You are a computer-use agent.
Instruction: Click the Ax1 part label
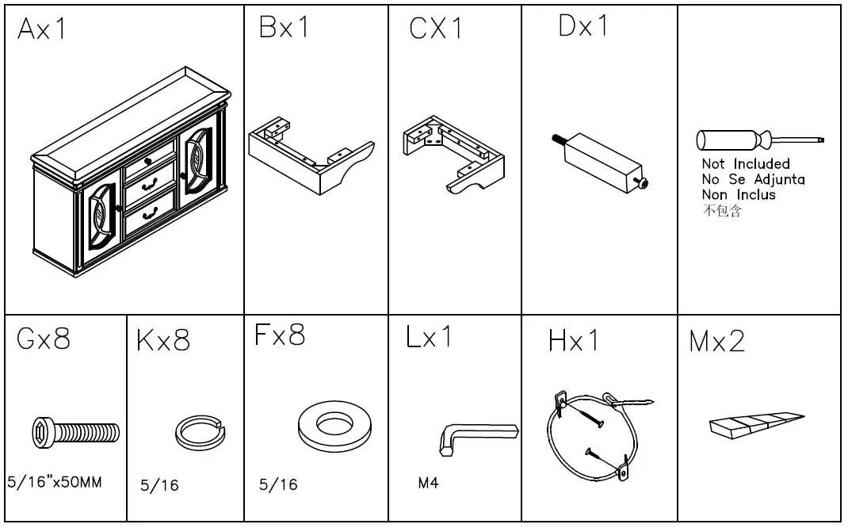tap(43, 30)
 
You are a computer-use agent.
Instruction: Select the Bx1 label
tap(284, 28)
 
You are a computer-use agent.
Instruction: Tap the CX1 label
tap(436, 29)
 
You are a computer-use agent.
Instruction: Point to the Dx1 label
tap(583, 26)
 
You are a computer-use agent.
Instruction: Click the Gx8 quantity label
tap(43, 339)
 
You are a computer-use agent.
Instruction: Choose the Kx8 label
tap(163, 342)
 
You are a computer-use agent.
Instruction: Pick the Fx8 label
tap(280, 335)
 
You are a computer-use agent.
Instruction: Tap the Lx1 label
tap(428, 337)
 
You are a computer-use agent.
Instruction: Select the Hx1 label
tap(574, 341)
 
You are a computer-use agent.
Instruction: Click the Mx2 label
tap(716, 342)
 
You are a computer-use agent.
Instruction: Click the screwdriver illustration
tap(759, 140)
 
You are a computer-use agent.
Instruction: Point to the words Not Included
tap(745, 164)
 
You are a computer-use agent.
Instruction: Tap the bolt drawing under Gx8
tap(76, 432)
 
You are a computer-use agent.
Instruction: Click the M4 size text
tap(428, 482)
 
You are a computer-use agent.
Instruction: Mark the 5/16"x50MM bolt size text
tap(54, 482)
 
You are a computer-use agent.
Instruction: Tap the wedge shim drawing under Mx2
tap(756, 424)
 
